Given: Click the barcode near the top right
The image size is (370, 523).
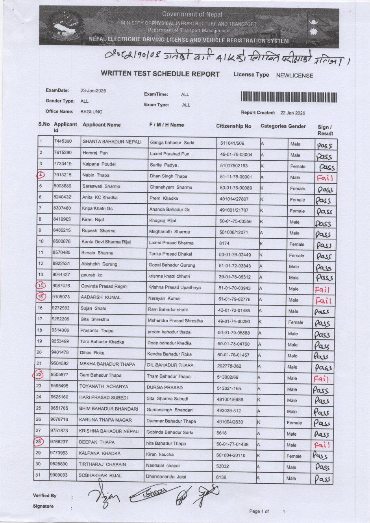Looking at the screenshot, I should [289, 97].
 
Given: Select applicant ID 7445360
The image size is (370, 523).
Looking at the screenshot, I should [63, 141].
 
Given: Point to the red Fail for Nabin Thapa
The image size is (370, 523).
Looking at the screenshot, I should [325, 178].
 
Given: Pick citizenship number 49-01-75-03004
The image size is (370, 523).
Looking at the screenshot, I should [236, 155].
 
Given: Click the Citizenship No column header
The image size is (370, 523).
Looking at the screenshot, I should [233, 126].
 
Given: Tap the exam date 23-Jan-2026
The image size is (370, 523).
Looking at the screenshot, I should [93, 90].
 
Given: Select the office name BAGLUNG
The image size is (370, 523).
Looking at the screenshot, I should [91, 112].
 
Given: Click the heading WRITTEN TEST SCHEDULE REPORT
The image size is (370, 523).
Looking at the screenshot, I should [160, 74].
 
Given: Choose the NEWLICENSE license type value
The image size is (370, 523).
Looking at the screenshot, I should [294, 76].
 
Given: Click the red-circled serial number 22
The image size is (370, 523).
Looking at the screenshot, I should [39, 375].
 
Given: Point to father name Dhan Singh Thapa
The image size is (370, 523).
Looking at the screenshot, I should [168, 176].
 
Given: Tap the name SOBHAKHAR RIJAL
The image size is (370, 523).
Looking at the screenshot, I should [100, 475].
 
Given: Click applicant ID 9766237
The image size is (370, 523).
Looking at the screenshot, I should [59, 442].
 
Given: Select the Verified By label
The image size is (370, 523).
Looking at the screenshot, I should [44, 495].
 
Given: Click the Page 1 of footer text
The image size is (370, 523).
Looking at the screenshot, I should [259, 511].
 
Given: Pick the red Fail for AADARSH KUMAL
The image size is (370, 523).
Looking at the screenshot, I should [323, 301].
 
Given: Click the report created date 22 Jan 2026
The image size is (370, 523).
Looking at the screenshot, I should [292, 113].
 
